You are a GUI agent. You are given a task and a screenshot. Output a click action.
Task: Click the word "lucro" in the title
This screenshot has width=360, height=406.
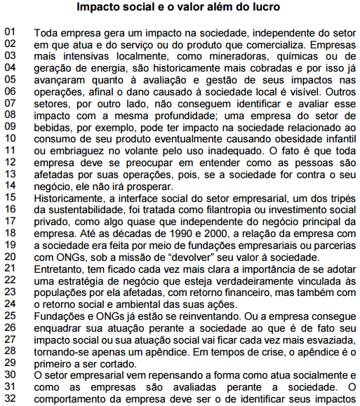coord(263,8)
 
